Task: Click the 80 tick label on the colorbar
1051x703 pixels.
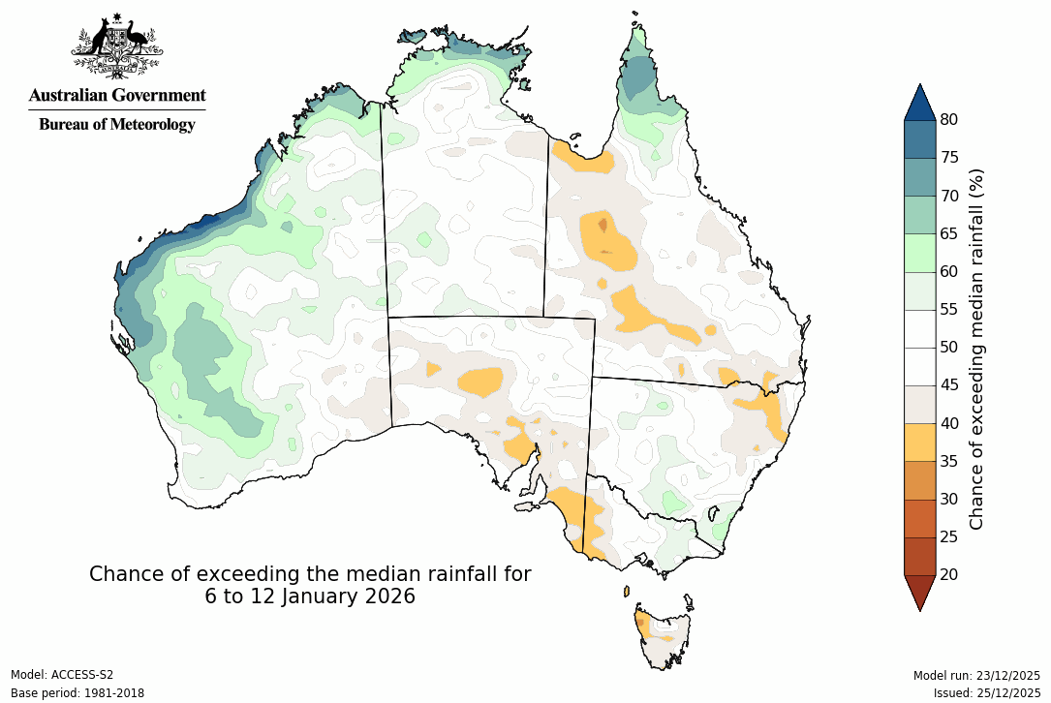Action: click(948, 119)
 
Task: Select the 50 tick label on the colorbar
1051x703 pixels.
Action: click(948, 347)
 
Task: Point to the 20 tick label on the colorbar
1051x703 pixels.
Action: click(948, 574)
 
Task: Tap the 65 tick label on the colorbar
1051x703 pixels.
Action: click(948, 233)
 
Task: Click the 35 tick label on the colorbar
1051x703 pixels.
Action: click(948, 461)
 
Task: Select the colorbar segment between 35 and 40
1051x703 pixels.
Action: click(920, 442)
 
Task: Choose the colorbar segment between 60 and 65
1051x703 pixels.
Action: click(920, 252)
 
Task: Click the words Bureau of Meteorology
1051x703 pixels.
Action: click(117, 124)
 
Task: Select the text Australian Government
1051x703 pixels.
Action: click(117, 95)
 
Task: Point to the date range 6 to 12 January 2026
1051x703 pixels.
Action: click(310, 596)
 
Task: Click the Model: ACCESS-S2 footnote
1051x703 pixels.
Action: click(62, 675)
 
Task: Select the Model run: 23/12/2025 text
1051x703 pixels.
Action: click(976, 675)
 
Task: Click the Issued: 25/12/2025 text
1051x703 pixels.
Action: click(986, 693)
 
